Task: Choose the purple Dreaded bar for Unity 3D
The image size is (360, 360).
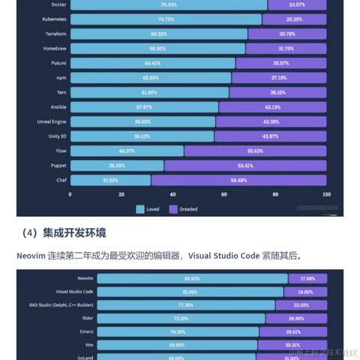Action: point(270,136)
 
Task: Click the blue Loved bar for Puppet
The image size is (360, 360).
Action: point(116,165)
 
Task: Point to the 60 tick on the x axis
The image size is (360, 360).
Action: point(223,193)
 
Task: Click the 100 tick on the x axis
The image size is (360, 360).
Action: point(325,193)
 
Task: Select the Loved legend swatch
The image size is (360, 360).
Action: point(140,208)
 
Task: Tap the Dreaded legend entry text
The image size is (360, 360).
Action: point(188,208)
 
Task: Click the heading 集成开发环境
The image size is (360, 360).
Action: point(73,232)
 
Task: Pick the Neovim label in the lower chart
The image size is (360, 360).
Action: point(84,278)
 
